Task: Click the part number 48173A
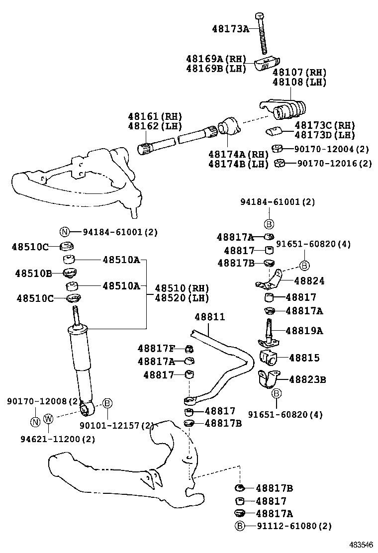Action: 230,29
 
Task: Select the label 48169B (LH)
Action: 216,69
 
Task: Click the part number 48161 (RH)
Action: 155,116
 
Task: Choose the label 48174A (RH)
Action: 238,154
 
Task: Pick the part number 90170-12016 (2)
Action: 334,163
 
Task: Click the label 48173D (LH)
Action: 325,135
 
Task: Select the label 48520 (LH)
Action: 182,298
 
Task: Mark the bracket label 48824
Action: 309,281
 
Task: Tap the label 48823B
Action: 307,379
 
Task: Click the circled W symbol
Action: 48,419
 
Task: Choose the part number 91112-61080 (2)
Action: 294,526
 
